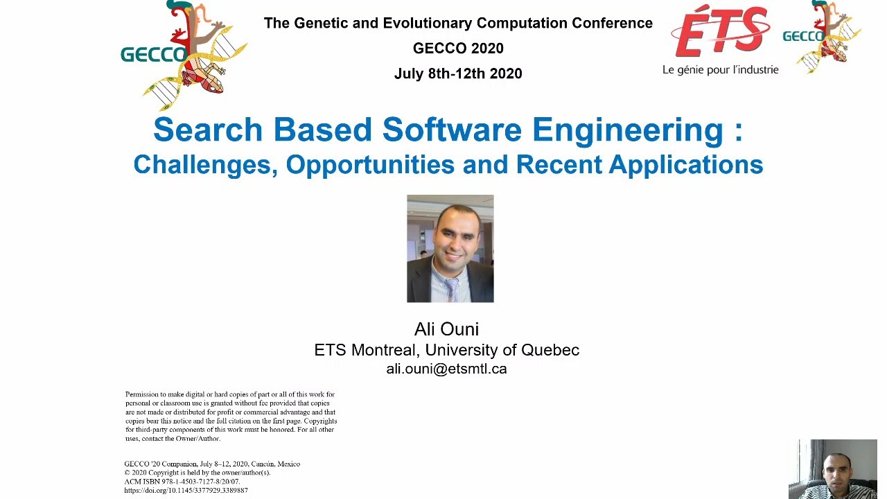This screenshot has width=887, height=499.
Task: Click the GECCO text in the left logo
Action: tap(153, 55)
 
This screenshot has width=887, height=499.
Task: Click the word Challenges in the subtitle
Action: tap(204, 165)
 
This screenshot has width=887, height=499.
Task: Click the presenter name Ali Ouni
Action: tap(446, 329)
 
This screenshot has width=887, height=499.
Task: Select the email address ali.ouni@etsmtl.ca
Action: tap(446, 369)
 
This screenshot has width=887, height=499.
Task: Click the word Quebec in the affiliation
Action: tap(550, 350)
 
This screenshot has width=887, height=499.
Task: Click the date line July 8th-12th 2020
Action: tap(458, 73)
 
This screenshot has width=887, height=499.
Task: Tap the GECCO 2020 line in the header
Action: tap(458, 49)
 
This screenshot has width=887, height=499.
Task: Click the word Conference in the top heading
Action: tap(612, 23)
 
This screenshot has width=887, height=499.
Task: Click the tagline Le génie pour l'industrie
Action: tap(720, 70)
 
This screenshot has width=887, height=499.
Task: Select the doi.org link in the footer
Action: tap(186, 491)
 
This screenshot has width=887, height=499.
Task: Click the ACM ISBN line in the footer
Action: tap(182, 482)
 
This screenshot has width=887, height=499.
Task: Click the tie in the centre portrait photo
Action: tap(450, 287)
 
